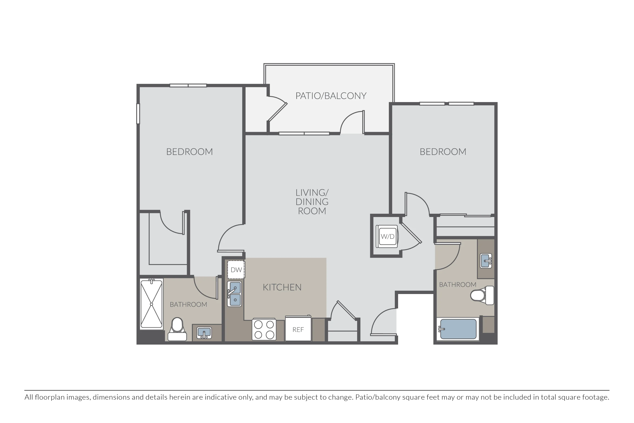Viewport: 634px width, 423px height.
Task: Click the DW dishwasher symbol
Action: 236,269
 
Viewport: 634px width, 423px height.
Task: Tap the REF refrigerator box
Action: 298,329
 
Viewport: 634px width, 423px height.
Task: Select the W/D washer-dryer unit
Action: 388,236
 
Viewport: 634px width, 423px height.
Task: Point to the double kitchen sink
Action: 234,294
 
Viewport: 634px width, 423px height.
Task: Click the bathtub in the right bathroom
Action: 458,329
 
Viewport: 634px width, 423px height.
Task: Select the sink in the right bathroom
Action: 486,261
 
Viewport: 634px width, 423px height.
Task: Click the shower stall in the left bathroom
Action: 152,304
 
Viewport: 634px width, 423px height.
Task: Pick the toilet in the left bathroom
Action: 177,329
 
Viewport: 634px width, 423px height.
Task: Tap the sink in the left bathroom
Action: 204,333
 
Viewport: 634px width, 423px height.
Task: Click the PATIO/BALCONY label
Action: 331,96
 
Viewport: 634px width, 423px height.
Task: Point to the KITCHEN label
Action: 282,287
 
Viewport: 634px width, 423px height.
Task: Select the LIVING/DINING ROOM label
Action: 312,202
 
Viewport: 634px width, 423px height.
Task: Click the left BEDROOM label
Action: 190,152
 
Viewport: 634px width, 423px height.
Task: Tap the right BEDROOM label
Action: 443,152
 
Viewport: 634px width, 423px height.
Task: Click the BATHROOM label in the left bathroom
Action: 188,304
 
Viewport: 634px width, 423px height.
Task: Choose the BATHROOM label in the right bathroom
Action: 458,284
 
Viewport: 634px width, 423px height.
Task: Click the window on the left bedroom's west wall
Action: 138,114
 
